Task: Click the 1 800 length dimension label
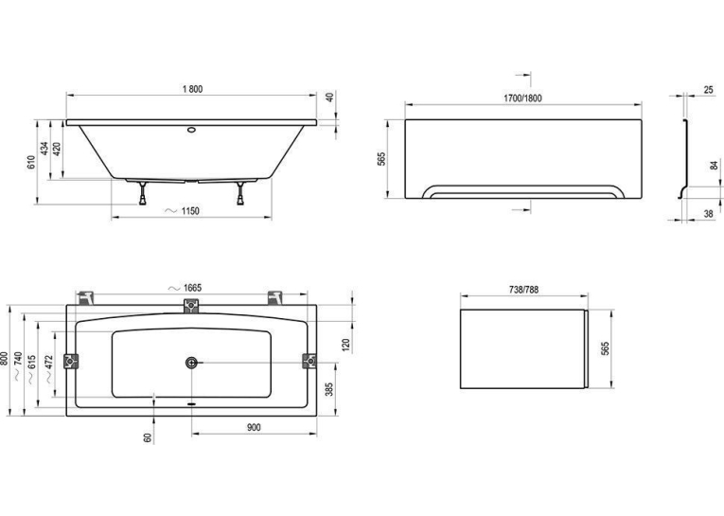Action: [x=192, y=89]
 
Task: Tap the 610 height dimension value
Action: [x=31, y=162]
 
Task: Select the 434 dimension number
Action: [x=44, y=149]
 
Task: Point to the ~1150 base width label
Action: [x=183, y=211]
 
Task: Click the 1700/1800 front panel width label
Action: [x=522, y=98]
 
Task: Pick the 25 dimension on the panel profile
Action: [x=708, y=90]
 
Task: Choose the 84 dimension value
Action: [x=714, y=166]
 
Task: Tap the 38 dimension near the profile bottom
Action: [x=708, y=213]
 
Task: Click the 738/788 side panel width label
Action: [x=523, y=290]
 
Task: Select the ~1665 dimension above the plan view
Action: [x=185, y=288]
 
